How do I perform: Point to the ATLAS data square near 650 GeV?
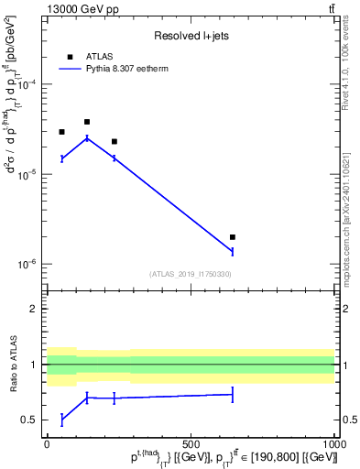coord(233,237)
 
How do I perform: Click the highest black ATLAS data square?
coord(87,121)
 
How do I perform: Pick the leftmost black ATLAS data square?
coord(61,132)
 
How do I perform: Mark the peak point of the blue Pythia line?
coord(87,137)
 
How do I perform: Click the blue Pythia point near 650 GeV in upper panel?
coord(233,250)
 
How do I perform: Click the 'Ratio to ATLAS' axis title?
coord(13,365)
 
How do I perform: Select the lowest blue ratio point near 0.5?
coord(61,420)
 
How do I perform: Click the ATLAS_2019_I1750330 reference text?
coord(191,274)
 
